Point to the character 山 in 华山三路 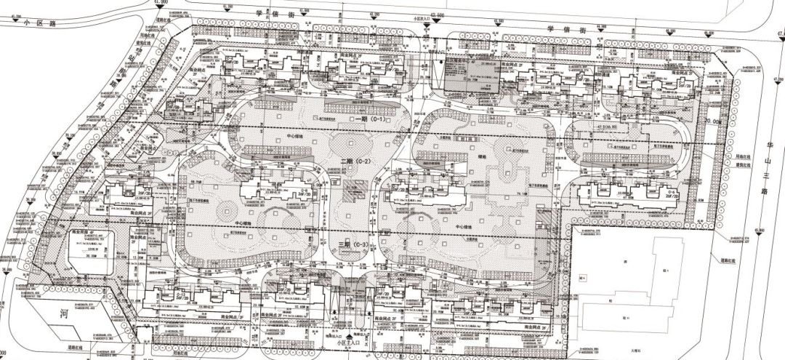click(x=760, y=161)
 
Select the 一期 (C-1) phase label click(x=367, y=117)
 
